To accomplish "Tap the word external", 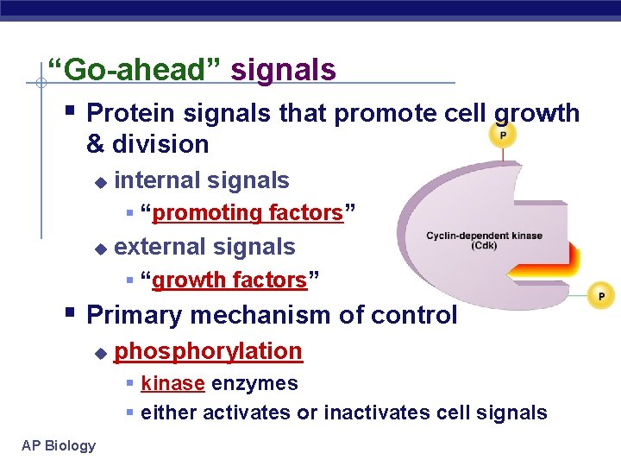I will [x=160, y=247].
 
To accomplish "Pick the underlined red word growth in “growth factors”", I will [x=191, y=280].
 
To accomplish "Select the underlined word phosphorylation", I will [x=208, y=351].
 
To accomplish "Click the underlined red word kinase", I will [x=172, y=383].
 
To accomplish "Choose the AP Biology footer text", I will [x=59, y=445].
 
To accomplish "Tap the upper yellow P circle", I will [x=502, y=136].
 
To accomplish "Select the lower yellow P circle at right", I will [x=600, y=296].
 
